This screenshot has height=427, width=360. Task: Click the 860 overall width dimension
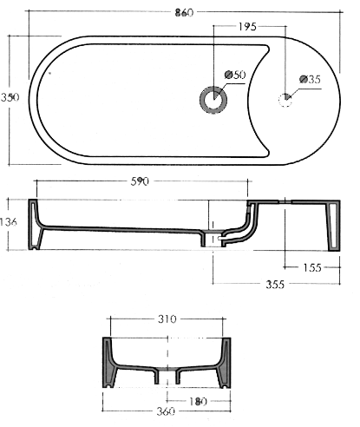point(181,11)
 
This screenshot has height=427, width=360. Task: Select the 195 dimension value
point(245,28)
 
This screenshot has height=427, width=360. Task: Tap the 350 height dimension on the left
point(10,99)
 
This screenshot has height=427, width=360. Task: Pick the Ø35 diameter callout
point(311,79)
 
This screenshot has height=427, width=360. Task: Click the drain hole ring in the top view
point(213,100)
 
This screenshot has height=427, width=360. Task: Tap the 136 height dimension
point(10,223)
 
